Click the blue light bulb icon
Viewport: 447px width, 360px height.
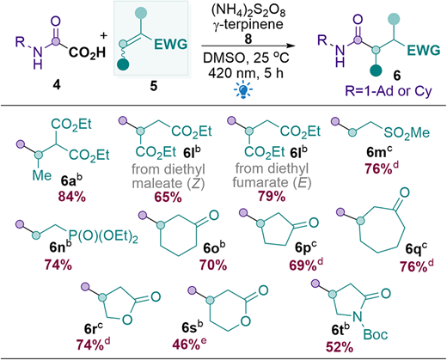[x=243, y=90]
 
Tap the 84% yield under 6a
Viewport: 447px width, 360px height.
[x=72, y=197]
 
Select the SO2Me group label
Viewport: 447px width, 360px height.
[x=407, y=132]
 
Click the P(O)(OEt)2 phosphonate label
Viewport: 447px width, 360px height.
[x=103, y=236]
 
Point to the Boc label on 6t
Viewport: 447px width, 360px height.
[x=376, y=334]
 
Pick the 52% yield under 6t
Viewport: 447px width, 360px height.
[x=340, y=347]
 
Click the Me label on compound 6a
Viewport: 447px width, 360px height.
[x=42, y=175]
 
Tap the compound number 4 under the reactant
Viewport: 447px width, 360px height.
[x=57, y=84]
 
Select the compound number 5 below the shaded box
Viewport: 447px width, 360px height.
[x=154, y=86]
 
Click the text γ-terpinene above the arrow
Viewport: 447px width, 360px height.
[x=248, y=24]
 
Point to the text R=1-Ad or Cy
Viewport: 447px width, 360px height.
[x=389, y=91]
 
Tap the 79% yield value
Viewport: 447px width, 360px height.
[x=272, y=196]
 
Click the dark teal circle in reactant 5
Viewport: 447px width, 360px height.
[x=123, y=64]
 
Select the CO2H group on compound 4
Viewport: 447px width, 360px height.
[x=87, y=53]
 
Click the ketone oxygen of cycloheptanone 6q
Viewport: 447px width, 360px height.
[x=404, y=192]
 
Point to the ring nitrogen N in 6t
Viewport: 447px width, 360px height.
[x=357, y=316]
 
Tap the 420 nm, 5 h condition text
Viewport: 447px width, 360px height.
[x=246, y=73]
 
